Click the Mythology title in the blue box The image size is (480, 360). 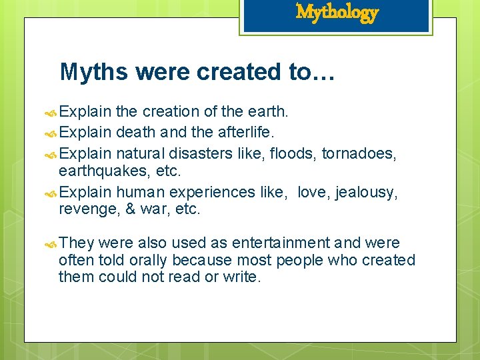coord(337,12)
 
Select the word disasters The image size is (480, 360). coord(201,154)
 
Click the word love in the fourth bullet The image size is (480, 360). coord(312,193)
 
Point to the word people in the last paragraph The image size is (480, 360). coord(299,259)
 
